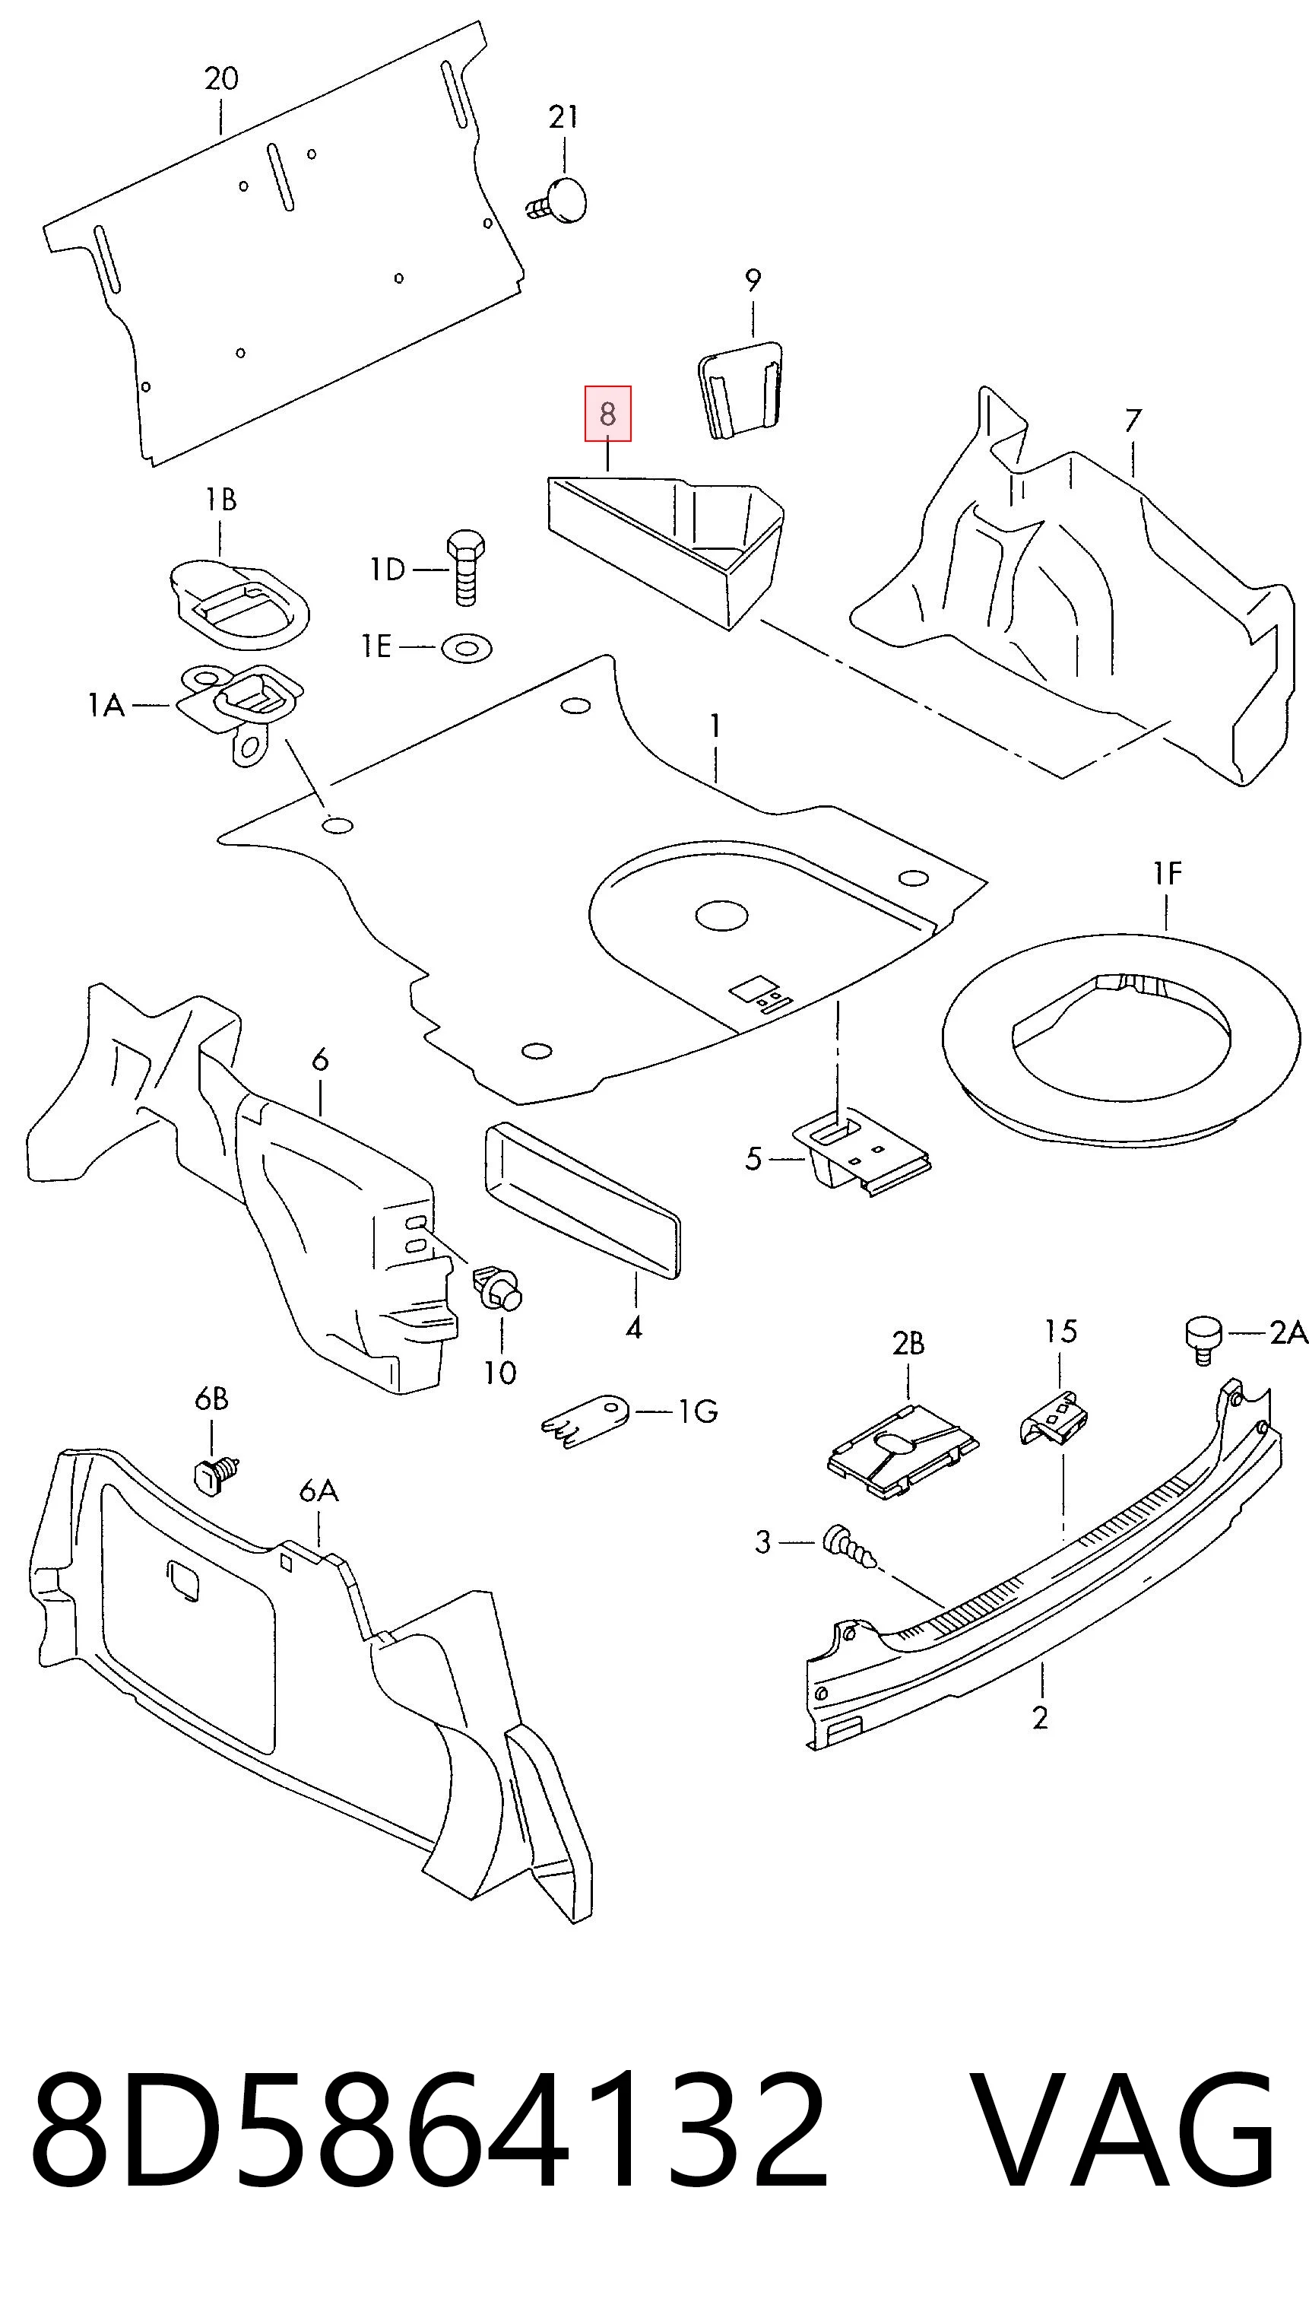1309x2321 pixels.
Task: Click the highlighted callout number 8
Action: point(608,414)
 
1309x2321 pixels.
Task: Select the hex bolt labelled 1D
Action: point(465,567)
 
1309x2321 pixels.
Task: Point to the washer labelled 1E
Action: point(467,647)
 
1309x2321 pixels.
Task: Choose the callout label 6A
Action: point(319,1492)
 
